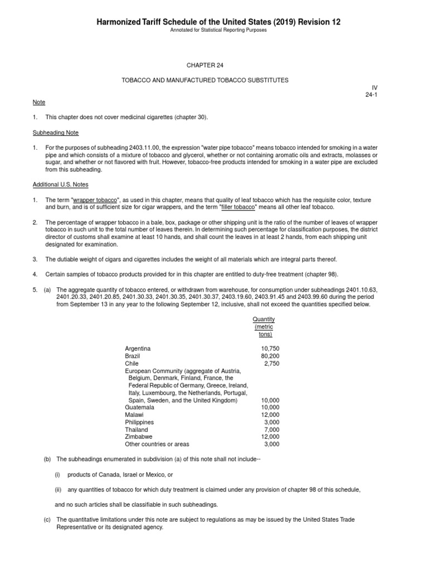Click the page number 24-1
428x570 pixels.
click(x=372, y=95)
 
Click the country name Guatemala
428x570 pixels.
click(x=139, y=407)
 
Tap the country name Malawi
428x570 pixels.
click(x=134, y=415)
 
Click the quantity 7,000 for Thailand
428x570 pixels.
click(x=271, y=430)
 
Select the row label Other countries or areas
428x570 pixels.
click(x=157, y=444)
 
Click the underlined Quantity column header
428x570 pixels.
click(x=264, y=320)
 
